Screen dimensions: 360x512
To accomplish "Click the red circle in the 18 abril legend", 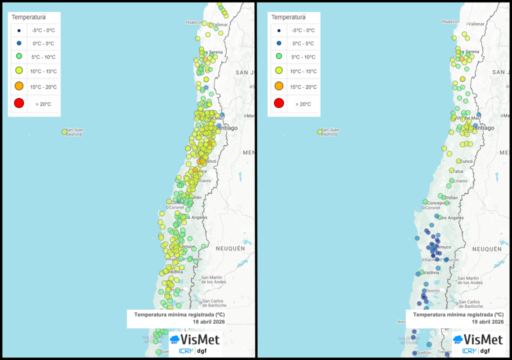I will click(x=19, y=103).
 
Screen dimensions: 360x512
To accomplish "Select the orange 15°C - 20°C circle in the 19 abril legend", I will click(x=279, y=86).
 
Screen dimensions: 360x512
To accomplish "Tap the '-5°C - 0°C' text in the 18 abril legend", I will click(x=43, y=30).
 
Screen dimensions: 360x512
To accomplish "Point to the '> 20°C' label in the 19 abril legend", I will click(x=303, y=104).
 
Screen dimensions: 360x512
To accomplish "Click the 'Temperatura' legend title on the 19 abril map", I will click(x=288, y=17).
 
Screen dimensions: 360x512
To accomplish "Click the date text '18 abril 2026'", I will click(x=209, y=322).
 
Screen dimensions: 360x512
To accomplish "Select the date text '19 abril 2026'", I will click(x=487, y=322).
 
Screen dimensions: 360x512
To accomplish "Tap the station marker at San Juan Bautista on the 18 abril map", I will click(x=64, y=132).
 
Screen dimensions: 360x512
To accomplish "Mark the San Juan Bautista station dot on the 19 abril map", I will click(x=320, y=132).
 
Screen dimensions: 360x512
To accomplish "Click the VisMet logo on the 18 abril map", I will click(x=195, y=340).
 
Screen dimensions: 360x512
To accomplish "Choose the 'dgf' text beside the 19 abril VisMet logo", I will click(x=484, y=351).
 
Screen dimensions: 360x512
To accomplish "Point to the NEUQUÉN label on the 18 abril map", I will click(x=230, y=248).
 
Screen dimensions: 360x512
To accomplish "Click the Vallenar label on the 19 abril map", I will click(x=476, y=24).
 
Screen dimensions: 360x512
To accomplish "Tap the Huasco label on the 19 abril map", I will click(x=449, y=21).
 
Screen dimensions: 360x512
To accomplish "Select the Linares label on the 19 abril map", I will click(x=460, y=180).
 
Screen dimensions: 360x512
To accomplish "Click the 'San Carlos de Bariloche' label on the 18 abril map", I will click(x=213, y=303).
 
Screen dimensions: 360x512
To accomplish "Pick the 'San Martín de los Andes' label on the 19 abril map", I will click(x=469, y=280).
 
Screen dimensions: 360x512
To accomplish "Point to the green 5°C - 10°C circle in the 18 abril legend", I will click(x=19, y=56).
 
